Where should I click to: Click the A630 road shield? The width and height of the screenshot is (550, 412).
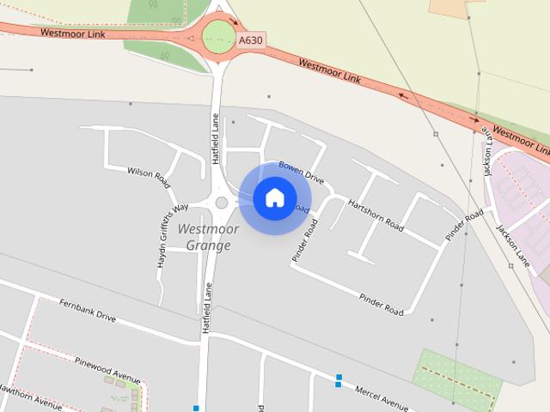(x=251, y=40)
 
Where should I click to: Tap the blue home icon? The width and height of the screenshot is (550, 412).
(x=274, y=198)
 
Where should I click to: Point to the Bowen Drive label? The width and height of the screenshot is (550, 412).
(x=301, y=173)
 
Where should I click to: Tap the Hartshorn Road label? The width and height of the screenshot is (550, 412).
(x=376, y=215)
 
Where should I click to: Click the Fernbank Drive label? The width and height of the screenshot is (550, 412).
(x=88, y=310)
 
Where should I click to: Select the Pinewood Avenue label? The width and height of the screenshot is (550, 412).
(x=107, y=368)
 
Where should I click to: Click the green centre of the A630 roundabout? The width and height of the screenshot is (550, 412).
(x=218, y=36)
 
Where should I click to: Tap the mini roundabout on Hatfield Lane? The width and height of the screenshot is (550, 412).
(x=222, y=203)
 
